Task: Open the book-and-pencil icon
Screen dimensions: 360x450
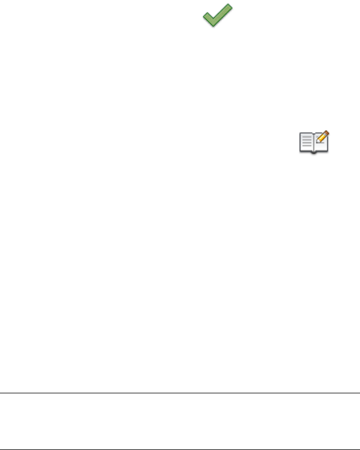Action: pyautogui.click(x=313, y=142)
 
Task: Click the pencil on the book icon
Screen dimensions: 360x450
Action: pyautogui.click(x=323, y=137)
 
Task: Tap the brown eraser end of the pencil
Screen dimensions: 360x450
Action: pyautogui.click(x=327, y=133)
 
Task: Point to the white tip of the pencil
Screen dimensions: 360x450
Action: pyautogui.click(x=318, y=141)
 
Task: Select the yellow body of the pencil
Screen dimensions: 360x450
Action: pyautogui.click(x=323, y=137)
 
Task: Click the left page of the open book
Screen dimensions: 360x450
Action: pyautogui.click(x=306, y=143)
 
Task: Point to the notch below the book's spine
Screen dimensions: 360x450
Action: pyautogui.click(x=313, y=152)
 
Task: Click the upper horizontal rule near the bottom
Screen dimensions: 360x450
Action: pyautogui.click(x=180, y=393)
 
